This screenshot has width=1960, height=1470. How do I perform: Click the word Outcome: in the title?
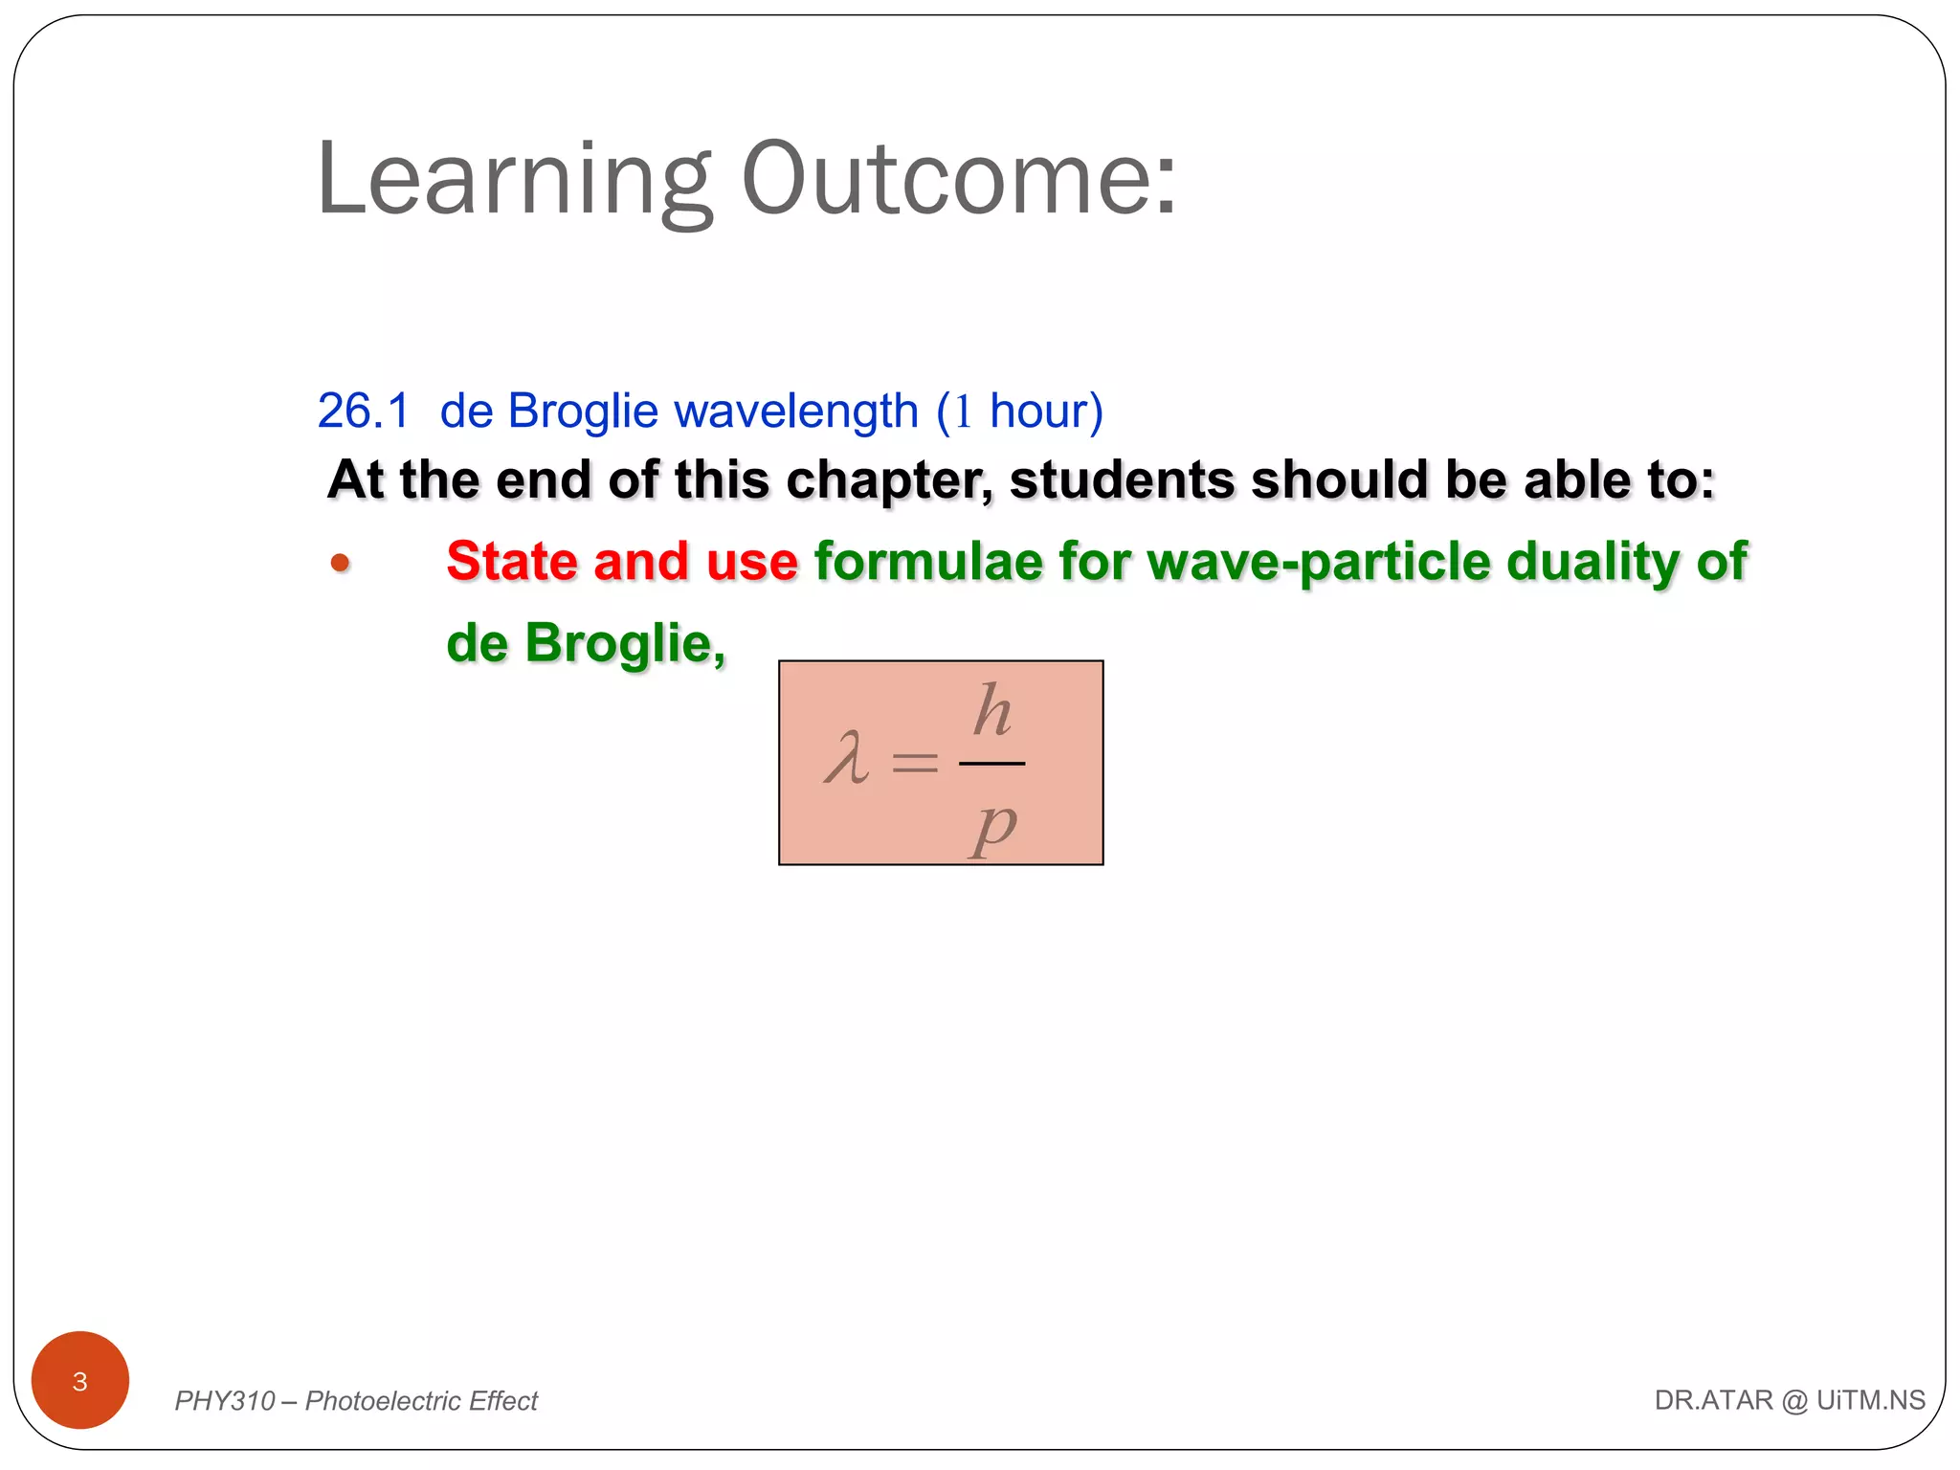coord(959,179)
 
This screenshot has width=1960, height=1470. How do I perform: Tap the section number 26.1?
coord(363,412)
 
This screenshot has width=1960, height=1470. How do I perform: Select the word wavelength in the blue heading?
coord(796,412)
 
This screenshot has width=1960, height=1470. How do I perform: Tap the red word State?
coord(511,562)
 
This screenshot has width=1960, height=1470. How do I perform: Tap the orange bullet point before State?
coord(340,564)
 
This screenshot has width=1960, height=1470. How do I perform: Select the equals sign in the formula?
coord(914,763)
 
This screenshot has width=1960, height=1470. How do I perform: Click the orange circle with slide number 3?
coord(80,1380)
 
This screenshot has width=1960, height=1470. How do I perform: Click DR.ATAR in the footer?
coord(1713,1400)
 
